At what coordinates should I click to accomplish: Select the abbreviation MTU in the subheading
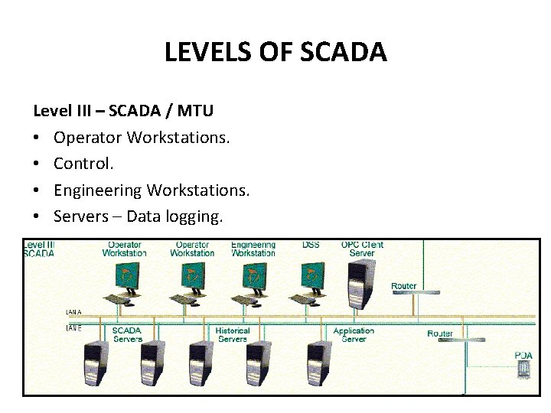pos(195,111)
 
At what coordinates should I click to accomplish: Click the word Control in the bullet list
pos(83,164)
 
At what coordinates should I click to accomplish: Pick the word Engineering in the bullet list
pos(97,190)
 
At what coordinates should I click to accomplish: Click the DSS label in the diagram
pos(311,245)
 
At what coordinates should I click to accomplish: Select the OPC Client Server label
pos(362,249)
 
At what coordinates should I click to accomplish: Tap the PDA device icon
pos(523,369)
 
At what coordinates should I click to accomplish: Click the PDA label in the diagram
pos(523,355)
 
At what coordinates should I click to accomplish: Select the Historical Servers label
pos(233,334)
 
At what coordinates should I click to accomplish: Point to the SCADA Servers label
pos(127,334)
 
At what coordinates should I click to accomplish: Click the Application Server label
pos(354,334)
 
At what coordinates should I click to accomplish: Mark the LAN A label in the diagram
pos(74,312)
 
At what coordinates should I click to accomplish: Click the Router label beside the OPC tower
pos(403,286)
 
